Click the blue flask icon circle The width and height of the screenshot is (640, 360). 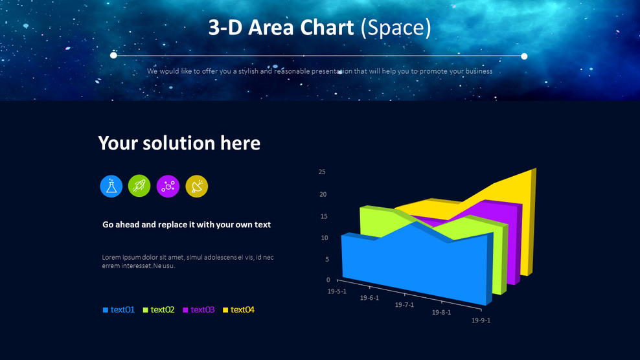(111, 186)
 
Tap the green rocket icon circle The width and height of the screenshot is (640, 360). (139, 186)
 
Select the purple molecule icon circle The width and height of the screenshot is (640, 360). (168, 186)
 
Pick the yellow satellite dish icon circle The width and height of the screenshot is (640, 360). (197, 186)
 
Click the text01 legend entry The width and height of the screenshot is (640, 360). (119, 310)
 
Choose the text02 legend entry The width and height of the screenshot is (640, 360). (159, 310)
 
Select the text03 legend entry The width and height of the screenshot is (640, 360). (200, 310)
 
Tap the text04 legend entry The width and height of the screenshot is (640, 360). (240, 310)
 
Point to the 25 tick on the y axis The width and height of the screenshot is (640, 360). (322, 172)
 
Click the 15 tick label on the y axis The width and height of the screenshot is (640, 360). (323, 216)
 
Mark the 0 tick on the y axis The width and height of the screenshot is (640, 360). (328, 280)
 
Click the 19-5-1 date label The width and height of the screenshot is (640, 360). (337, 291)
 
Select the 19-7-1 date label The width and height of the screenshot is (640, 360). (405, 305)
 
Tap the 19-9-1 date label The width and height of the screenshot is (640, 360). (481, 320)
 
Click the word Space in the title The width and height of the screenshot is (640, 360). (395, 28)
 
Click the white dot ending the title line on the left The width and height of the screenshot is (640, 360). (114, 56)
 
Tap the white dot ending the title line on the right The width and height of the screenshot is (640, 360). (524, 56)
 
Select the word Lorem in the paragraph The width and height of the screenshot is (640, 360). (111, 258)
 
